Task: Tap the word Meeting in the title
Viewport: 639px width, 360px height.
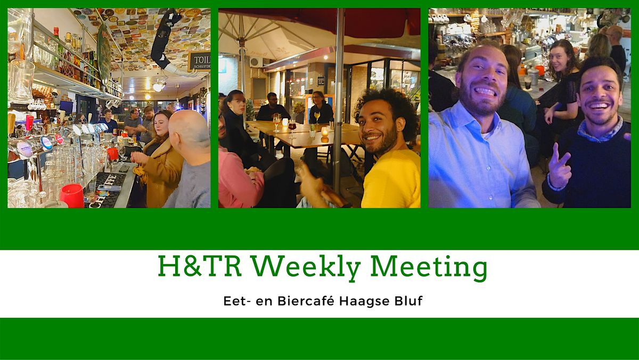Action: point(429,267)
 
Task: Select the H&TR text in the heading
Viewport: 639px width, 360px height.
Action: point(200,266)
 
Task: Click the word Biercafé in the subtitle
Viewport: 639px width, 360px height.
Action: point(306,301)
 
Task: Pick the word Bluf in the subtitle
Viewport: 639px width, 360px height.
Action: point(408,301)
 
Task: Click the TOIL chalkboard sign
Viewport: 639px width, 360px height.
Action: point(199,61)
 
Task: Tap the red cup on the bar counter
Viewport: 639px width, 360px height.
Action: point(72,195)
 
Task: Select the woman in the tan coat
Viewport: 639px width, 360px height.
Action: point(160,160)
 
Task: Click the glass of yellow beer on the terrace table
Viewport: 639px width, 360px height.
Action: point(317,117)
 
